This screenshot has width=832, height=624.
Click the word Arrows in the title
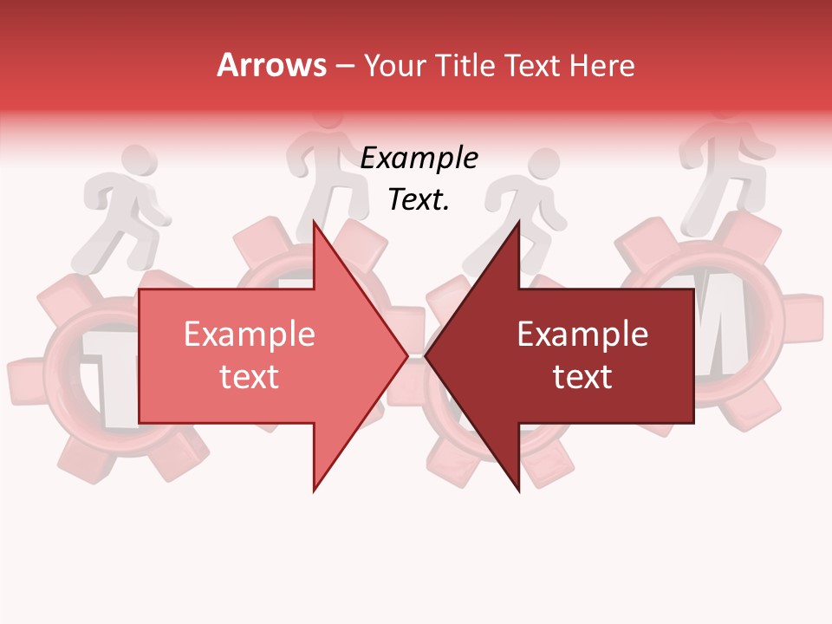click(x=272, y=65)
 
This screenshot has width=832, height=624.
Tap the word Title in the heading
click(x=471, y=66)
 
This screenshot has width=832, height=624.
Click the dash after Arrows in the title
click(x=345, y=66)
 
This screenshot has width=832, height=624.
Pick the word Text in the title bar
click(x=536, y=66)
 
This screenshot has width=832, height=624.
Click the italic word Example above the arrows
click(x=419, y=158)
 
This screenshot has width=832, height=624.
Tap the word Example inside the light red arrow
click(x=250, y=335)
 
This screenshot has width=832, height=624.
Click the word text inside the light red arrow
click(x=250, y=377)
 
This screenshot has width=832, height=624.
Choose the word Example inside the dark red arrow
click(x=582, y=335)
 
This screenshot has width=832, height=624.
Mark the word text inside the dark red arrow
click(x=582, y=377)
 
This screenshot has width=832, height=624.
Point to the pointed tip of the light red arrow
click(x=407, y=355)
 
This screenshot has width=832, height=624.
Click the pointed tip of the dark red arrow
click(x=426, y=355)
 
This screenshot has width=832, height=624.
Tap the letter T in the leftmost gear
click(x=103, y=381)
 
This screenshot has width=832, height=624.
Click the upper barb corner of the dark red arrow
click(x=519, y=221)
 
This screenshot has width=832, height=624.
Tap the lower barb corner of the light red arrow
click(x=314, y=491)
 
